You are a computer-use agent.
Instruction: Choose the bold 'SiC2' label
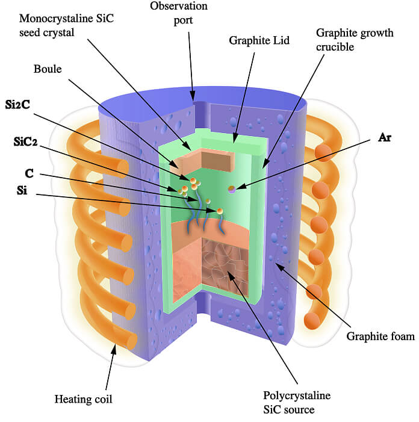click(x=25, y=142)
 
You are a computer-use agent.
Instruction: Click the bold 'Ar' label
click(x=385, y=138)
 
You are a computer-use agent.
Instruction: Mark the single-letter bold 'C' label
click(x=28, y=173)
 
